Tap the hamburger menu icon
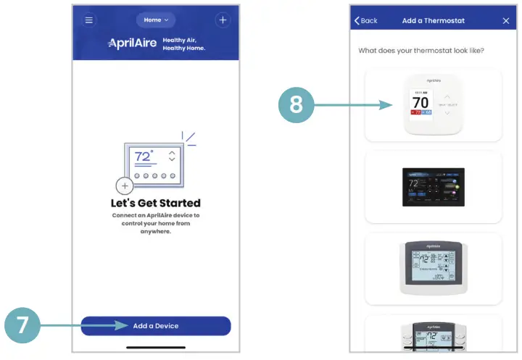(x=89, y=20)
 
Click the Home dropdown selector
(x=156, y=20)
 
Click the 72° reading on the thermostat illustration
(x=142, y=156)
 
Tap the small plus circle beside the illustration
(x=125, y=186)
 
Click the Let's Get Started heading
(x=156, y=204)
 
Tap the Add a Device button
(x=156, y=326)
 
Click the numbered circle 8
(x=296, y=105)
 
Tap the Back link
(x=365, y=21)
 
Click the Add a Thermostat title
(x=434, y=21)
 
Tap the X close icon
(x=506, y=21)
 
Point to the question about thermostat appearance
(x=421, y=51)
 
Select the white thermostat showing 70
(x=433, y=105)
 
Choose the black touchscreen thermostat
(x=433, y=187)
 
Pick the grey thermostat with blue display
(x=433, y=269)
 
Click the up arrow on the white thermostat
(x=447, y=96)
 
